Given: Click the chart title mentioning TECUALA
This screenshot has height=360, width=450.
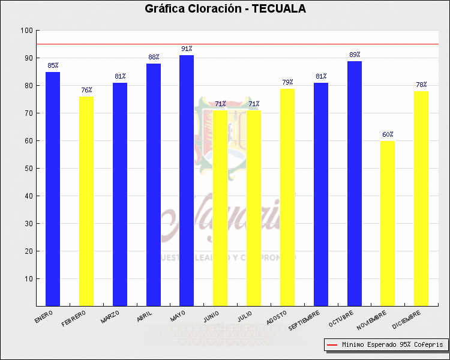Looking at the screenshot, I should click(x=225, y=9).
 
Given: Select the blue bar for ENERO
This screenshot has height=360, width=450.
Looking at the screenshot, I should click(x=53, y=189).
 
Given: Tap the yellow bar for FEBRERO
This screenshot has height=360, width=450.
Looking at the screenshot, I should click(x=86, y=201).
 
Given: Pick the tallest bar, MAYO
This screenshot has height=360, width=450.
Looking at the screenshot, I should click(x=187, y=180).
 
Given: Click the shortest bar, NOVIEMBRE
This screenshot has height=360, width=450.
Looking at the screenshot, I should click(x=388, y=223).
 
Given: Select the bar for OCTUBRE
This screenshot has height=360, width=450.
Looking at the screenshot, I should click(x=354, y=183).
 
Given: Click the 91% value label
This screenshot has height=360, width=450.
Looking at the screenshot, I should click(x=187, y=49).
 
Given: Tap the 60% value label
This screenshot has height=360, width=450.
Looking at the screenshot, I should click(x=388, y=134).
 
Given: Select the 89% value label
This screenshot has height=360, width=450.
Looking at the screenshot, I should click(x=354, y=55).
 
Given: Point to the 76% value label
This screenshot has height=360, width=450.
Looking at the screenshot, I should click(x=86, y=90).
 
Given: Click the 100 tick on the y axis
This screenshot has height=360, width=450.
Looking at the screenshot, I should click(x=26, y=31).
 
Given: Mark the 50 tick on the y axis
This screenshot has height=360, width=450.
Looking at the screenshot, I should click(x=28, y=169).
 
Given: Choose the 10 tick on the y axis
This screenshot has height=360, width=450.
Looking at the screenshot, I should click(x=28, y=279).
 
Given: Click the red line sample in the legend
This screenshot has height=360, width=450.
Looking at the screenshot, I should click(x=332, y=345).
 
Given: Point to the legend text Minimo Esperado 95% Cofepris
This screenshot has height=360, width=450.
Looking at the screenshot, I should click(x=392, y=345).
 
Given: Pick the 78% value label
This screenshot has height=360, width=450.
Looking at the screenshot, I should click(x=421, y=85).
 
